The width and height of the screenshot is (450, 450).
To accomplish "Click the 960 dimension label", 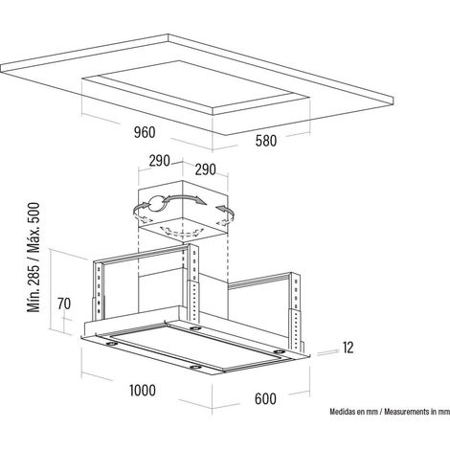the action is [145, 132].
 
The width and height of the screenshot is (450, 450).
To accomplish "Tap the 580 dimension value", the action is [266, 141].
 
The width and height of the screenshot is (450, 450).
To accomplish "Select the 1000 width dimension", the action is [143, 391].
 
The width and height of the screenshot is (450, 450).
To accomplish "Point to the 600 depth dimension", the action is [265, 399].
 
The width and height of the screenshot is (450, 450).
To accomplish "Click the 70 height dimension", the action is [64, 304].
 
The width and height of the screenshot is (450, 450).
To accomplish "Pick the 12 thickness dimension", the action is [349, 348].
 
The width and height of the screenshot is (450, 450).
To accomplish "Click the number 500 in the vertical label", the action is [34, 213].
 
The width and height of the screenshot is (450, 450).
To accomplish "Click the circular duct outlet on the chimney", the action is [157, 203].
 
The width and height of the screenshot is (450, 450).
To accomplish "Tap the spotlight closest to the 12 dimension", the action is [279, 351].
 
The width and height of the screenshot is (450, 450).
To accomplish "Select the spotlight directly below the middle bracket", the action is [192, 328].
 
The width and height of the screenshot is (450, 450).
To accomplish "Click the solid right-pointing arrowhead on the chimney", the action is [200, 201].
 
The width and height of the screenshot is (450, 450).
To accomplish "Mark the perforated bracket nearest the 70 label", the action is [99, 290].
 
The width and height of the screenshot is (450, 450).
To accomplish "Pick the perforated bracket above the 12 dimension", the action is [297, 311].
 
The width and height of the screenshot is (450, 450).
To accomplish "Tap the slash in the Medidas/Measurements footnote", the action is [381, 412].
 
